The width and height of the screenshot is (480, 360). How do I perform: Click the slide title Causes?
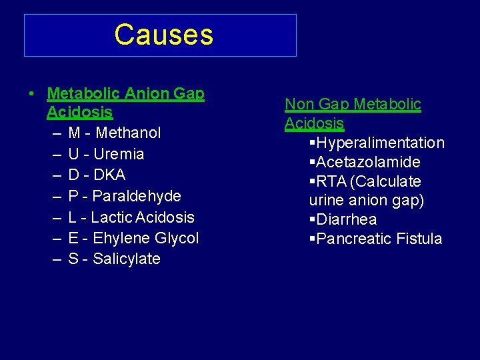[x=163, y=35]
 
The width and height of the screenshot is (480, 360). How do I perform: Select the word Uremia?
[x=119, y=154]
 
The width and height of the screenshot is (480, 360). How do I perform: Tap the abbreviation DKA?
[x=109, y=175]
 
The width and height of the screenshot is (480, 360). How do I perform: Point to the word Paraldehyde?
[x=137, y=196]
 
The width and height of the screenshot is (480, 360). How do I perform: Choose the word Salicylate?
[x=127, y=259]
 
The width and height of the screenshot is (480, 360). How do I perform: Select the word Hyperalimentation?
[x=381, y=143]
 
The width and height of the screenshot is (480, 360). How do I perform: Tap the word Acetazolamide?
[x=368, y=162]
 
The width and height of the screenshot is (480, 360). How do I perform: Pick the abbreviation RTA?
[x=331, y=181]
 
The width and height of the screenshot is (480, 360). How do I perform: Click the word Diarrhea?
[x=347, y=219]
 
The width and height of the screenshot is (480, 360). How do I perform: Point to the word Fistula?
[x=419, y=239]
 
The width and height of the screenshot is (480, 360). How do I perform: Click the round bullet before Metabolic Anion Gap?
[x=32, y=94]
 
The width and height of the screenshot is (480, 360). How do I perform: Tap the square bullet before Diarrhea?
[x=312, y=219]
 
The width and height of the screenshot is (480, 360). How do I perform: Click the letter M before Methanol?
[x=74, y=133]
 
